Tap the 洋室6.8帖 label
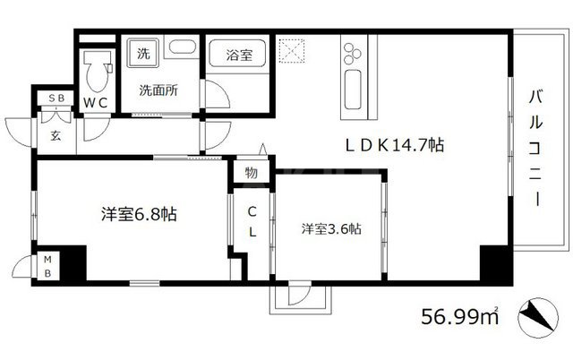pos(137,215)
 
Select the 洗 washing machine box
pos(142,52)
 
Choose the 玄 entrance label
pos(56,135)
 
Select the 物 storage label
pos(252,173)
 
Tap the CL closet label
pos(252,222)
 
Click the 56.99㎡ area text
pos(460,316)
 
